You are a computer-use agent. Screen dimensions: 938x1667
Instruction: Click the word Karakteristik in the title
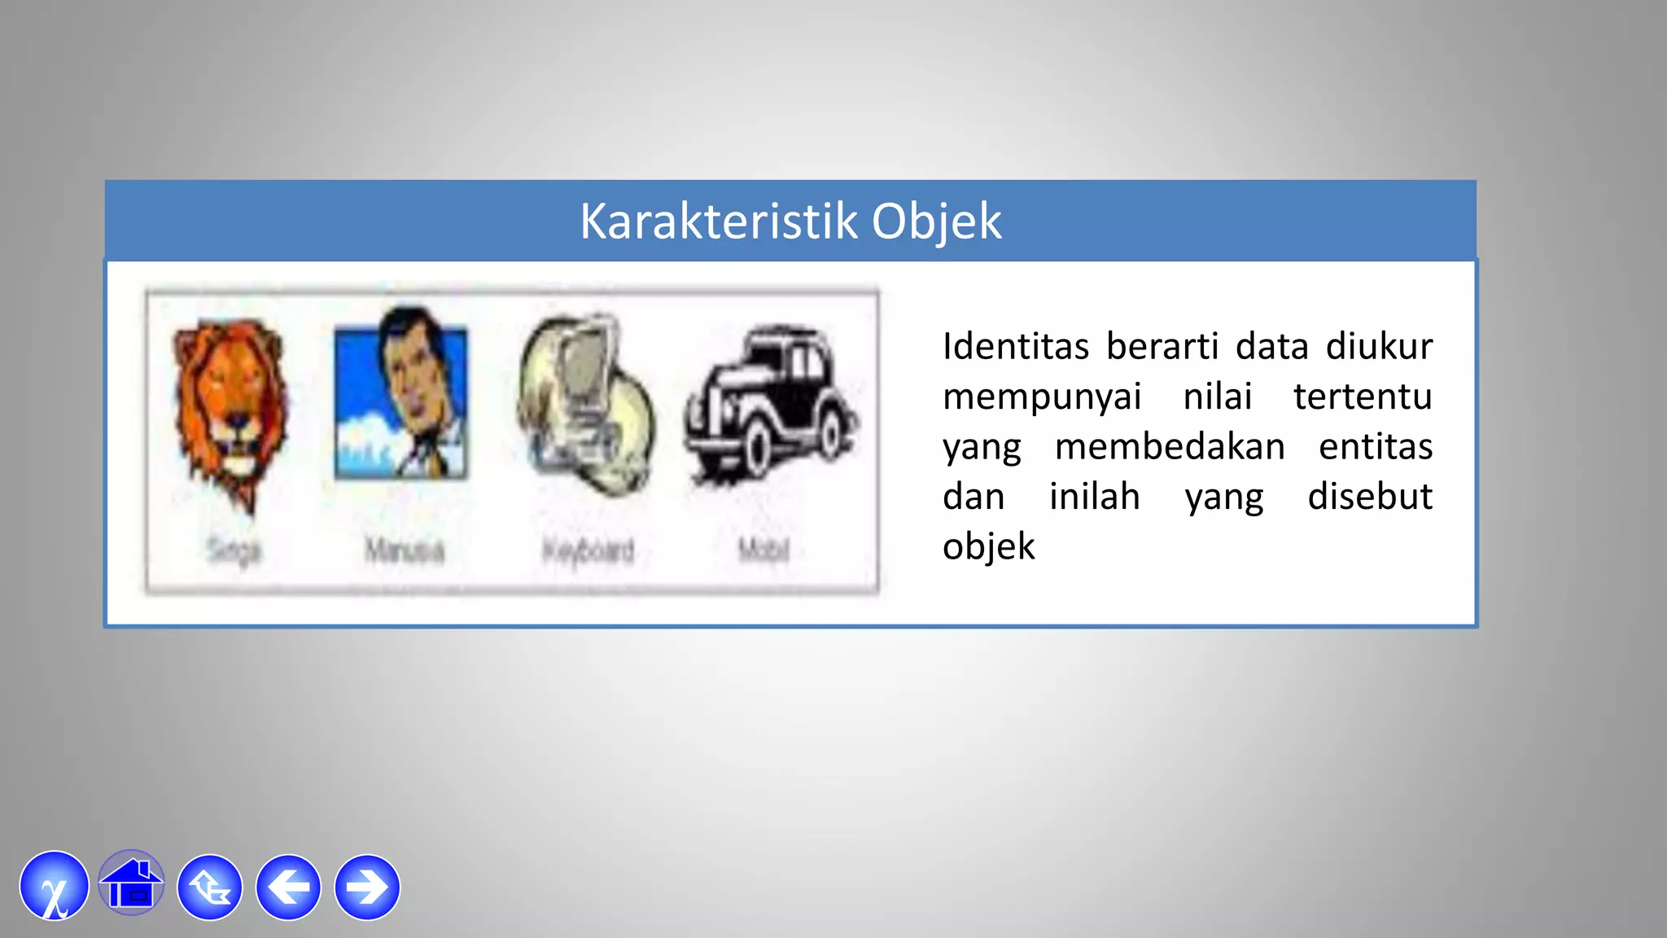pos(718,221)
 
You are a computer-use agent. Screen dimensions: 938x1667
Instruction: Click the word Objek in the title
pos(936,221)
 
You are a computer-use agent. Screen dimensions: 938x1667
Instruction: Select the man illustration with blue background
pos(401,395)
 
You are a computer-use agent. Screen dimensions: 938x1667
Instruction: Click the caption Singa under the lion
pos(234,551)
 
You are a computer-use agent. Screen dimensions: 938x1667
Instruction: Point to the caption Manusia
pos(405,551)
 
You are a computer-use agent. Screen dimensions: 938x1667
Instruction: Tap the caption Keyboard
pos(588,551)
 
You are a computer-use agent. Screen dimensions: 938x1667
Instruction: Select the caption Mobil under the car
pos(763,551)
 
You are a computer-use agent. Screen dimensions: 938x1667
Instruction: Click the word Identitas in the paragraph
pos(1015,347)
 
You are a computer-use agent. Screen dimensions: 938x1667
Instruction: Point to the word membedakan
pos(1170,447)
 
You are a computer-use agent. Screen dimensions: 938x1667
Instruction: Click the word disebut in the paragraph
pos(1369,497)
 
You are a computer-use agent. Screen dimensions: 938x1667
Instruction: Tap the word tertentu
pos(1363,397)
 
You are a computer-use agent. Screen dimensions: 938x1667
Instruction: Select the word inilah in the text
pos(1094,497)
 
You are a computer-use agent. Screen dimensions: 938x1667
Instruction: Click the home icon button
pos(131,885)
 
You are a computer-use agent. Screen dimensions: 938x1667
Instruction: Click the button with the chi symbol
pos(55,887)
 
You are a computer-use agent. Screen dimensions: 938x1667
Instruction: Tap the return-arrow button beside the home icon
pos(210,888)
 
